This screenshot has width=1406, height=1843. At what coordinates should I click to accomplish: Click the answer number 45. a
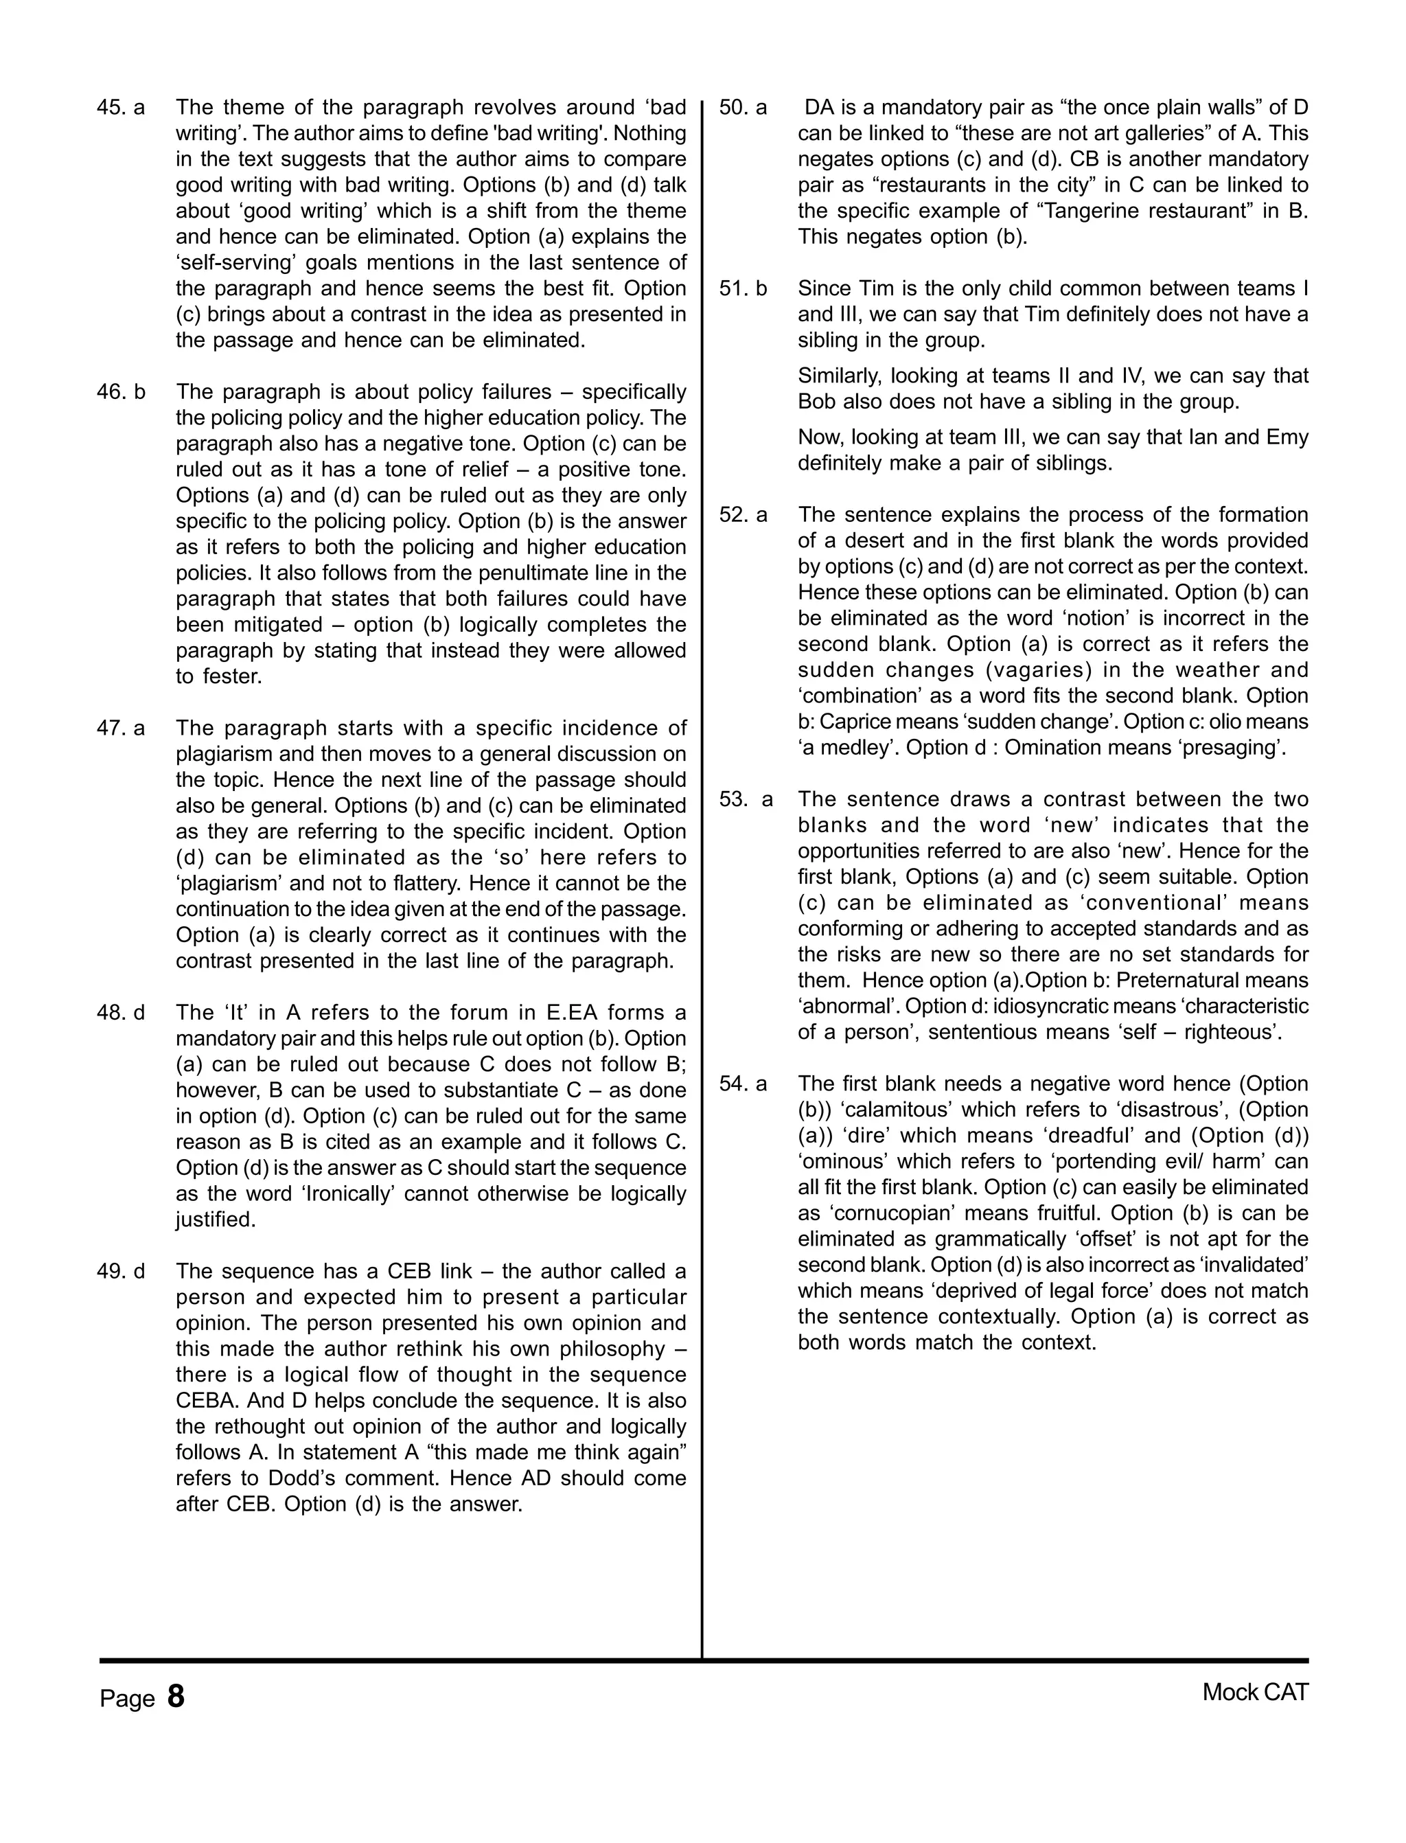tap(121, 108)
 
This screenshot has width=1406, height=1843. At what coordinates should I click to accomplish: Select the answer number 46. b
tap(121, 393)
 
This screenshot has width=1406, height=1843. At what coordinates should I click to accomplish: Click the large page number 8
tap(176, 1697)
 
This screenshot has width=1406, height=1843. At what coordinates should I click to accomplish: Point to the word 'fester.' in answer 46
tap(233, 676)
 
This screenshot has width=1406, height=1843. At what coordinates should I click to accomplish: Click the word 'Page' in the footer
tap(127, 1699)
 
